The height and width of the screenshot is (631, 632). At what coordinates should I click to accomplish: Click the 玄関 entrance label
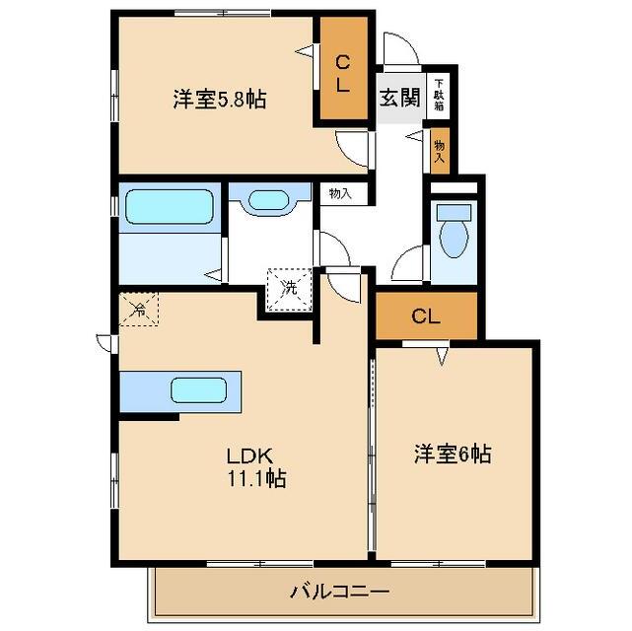tap(399, 98)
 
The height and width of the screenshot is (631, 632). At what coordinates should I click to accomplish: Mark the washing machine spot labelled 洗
tap(289, 289)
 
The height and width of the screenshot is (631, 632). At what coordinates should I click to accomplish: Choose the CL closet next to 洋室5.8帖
tap(342, 74)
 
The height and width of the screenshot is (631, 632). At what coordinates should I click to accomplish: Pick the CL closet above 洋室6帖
tap(425, 316)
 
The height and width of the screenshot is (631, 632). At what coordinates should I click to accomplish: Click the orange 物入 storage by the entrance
tap(439, 148)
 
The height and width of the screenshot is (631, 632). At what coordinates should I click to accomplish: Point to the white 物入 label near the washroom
tap(340, 193)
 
